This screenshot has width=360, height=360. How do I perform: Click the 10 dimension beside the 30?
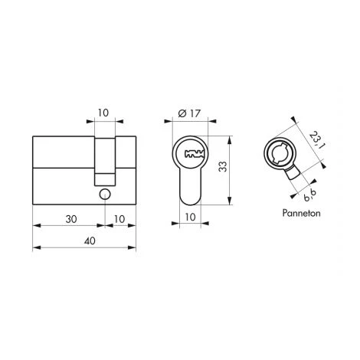(x=119, y=218)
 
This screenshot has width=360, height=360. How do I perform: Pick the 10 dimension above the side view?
(x=103, y=113)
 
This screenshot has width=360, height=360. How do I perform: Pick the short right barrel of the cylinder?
(x=127, y=169)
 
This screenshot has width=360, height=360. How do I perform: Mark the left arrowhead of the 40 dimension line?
(x=35, y=248)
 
